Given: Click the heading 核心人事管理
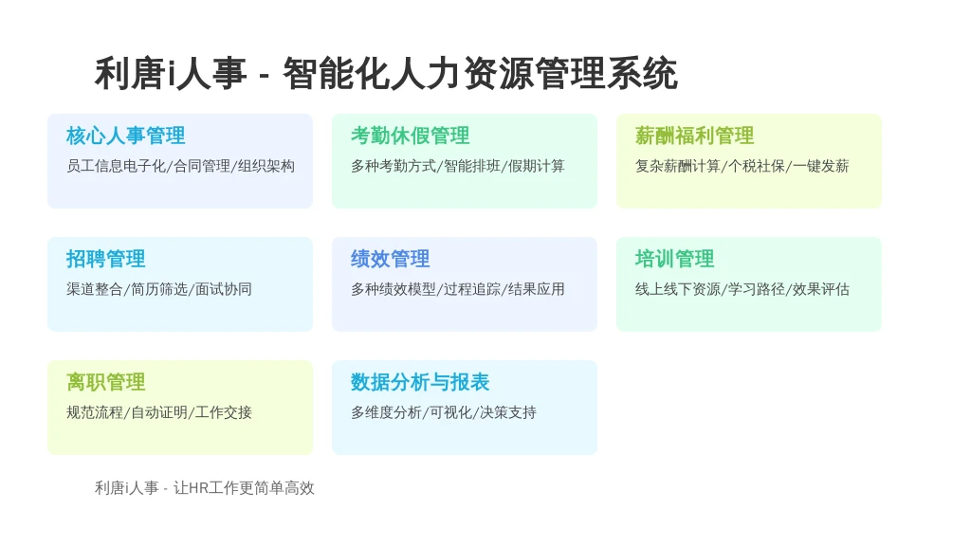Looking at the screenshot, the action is [x=126, y=136].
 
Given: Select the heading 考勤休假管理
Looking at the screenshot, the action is [x=410, y=136].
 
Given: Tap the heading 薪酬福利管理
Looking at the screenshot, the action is [x=694, y=136].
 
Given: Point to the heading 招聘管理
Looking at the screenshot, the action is [x=106, y=259].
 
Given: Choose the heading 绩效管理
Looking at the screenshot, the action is [x=390, y=259].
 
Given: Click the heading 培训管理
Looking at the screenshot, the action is [x=674, y=259].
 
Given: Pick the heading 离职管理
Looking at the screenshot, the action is [x=106, y=382].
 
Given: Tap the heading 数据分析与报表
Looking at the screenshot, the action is [x=420, y=382].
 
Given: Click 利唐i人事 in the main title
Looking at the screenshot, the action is [x=171, y=73].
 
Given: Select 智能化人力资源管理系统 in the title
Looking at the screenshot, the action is [x=481, y=73].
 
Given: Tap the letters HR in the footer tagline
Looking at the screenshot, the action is [x=198, y=488].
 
